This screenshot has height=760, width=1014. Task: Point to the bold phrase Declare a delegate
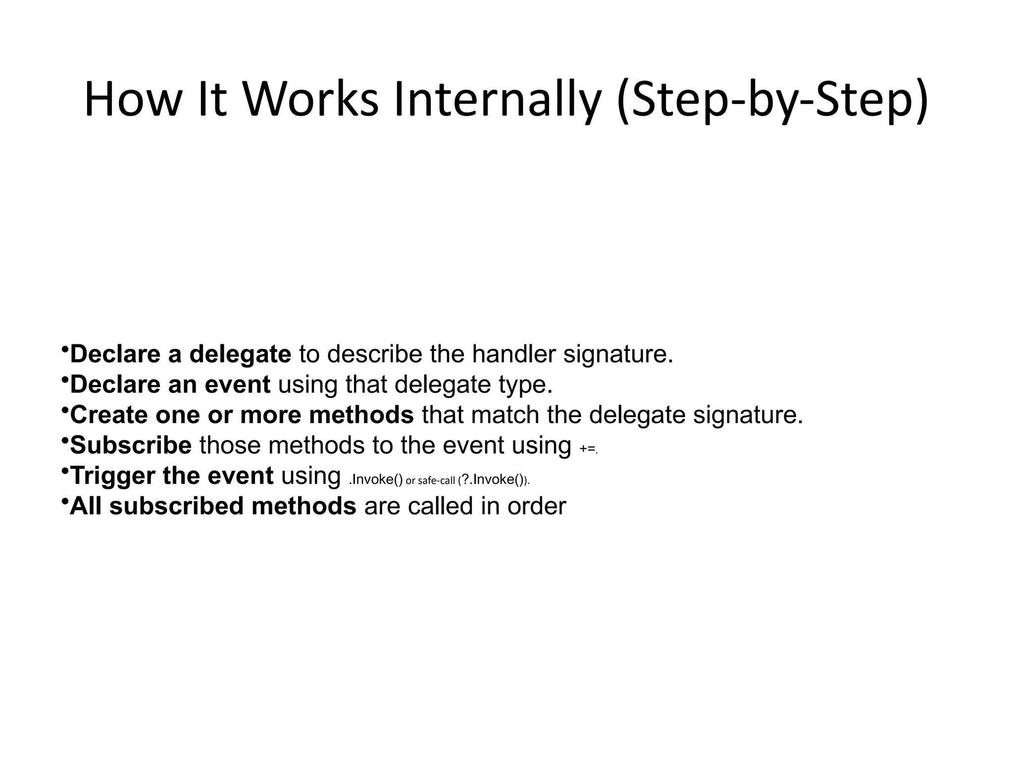(181, 354)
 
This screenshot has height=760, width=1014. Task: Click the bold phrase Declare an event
(170, 384)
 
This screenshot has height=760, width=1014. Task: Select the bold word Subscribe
(131, 445)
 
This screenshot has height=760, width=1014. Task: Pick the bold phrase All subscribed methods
(213, 506)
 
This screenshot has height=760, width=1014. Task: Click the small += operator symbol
(587, 449)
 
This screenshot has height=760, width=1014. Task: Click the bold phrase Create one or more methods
(242, 415)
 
